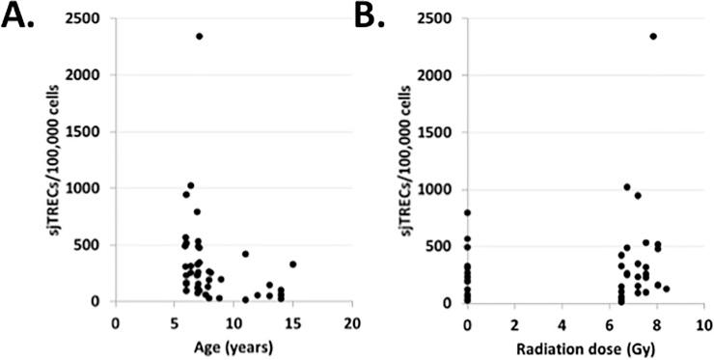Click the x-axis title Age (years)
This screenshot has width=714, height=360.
[x=233, y=346]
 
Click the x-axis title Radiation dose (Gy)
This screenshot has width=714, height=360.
[x=585, y=346]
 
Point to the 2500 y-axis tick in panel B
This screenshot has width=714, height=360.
[x=443, y=18]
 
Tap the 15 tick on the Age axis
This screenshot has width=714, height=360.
[x=293, y=321]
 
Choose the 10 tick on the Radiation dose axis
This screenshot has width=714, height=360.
[x=703, y=321]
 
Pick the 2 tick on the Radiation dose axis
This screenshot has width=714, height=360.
[x=514, y=321]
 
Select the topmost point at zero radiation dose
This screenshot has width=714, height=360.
[x=467, y=212]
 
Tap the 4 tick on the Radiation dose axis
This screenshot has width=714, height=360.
[x=562, y=321]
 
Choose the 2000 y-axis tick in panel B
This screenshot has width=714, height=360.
[x=443, y=74]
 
